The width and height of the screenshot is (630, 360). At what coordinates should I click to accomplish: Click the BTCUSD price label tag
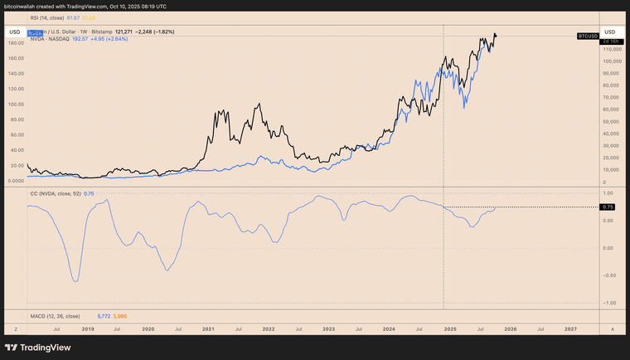(x=588, y=36)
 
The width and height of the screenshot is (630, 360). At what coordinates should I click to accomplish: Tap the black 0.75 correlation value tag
(x=608, y=207)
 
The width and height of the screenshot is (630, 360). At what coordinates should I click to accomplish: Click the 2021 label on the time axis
(x=208, y=329)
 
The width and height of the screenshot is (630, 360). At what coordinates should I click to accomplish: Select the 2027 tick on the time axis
(x=570, y=329)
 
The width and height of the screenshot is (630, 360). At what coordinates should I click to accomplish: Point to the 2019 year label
(x=88, y=329)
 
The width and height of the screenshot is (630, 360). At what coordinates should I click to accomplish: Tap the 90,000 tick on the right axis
(x=612, y=73)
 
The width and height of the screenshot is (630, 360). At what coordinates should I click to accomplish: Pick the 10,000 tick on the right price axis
(x=612, y=170)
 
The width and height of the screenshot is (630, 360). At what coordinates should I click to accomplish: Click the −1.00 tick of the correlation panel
(x=609, y=303)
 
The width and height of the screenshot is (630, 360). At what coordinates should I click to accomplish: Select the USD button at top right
(x=609, y=32)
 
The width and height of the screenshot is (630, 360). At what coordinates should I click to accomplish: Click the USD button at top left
(x=15, y=32)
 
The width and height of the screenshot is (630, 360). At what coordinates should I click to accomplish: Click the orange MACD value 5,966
(x=120, y=316)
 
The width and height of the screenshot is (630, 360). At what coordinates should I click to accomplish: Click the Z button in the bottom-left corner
(x=15, y=329)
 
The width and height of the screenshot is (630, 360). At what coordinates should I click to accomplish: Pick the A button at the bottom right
(x=612, y=329)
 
